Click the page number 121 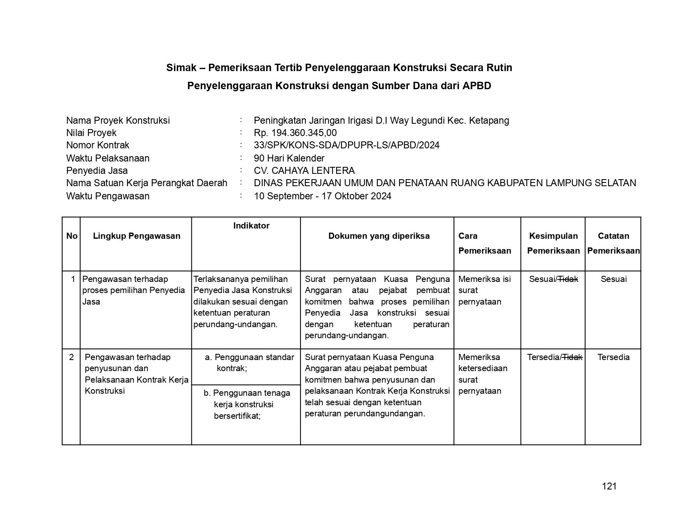tap(609, 486)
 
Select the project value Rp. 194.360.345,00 tap(295, 133)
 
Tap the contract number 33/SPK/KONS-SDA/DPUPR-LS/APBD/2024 tap(346, 145)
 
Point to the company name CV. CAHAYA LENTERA tap(304, 171)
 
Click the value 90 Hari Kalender tap(289, 158)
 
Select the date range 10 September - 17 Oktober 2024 tap(322, 196)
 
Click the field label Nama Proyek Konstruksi tap(118, 120)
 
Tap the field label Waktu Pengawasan tap(107, 196)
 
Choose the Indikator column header tap(251, 226)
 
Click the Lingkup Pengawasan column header tap(137, 236)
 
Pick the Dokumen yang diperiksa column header tap(379, 236)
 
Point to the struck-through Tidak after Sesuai tap(568, 279)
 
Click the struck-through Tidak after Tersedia tap(572, 357)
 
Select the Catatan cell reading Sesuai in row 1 tap(614, 279)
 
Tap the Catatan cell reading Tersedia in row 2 tap(614, 357)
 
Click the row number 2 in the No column tap(72, 357)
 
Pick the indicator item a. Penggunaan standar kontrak tap(249, 362)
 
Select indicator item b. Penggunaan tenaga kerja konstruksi tap(246, 404)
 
